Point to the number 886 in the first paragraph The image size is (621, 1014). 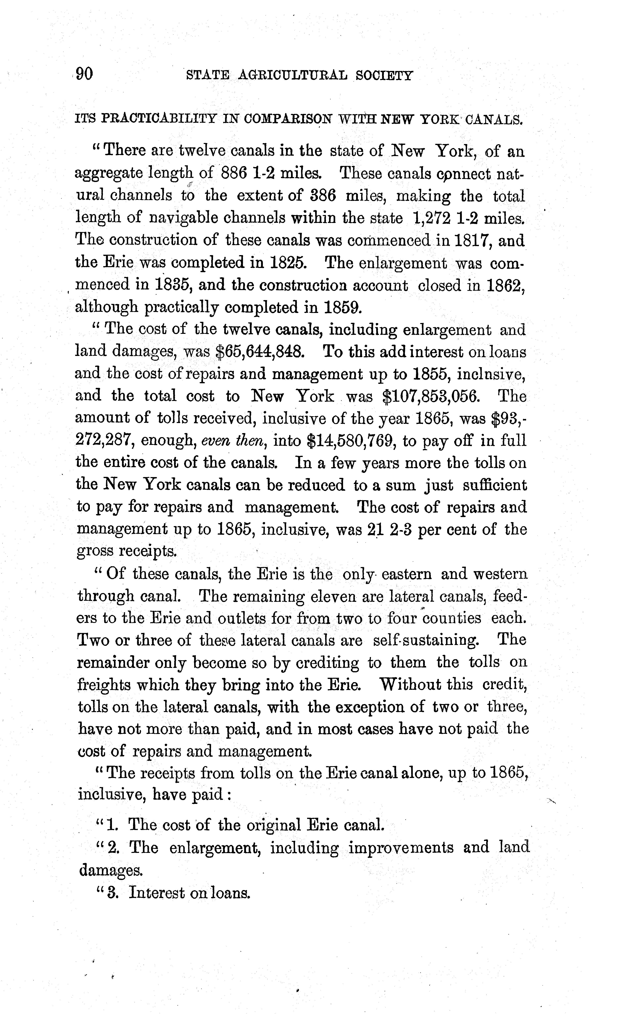coord(234,173)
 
